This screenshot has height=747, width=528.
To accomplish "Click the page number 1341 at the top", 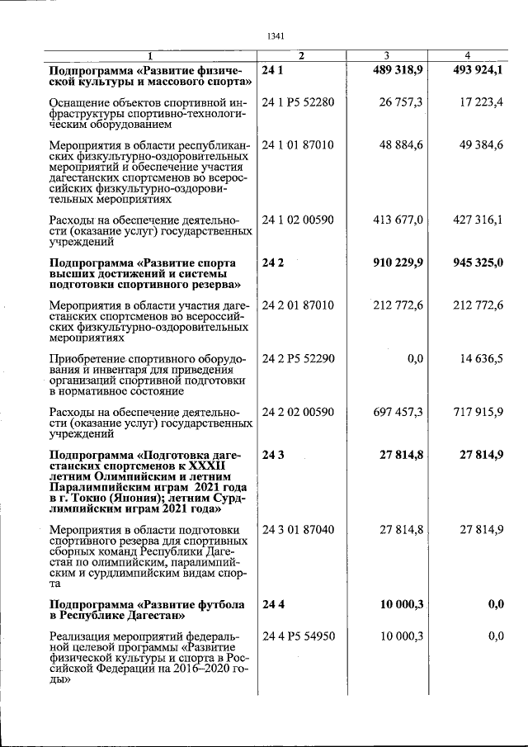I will tap(276, 35).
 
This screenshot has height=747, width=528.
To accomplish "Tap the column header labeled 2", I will tap(301, 56).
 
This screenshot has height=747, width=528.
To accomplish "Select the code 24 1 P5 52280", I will tap(298, 102).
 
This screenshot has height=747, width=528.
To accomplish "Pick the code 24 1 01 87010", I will tap(298, 145).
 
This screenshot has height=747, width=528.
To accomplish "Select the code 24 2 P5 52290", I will tap(298, 358).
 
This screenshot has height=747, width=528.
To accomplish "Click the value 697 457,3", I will tap(398, 411).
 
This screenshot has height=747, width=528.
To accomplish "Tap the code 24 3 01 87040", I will tap(298, 528).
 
